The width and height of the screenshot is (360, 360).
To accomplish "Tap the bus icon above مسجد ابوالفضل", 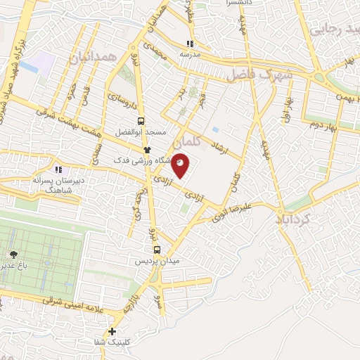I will [141, 121].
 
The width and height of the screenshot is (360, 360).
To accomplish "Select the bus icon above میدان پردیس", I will [156, 249].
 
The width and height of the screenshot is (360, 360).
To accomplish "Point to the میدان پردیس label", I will [157, 260].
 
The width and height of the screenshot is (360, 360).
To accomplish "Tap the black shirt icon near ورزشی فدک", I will [147, 150].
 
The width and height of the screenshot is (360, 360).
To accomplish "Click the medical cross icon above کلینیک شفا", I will [112, 331].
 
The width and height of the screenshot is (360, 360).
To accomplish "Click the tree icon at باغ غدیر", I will [13, 253].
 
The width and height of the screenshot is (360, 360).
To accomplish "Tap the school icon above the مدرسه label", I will [189, 43].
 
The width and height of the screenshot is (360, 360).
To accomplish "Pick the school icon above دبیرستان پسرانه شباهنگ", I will [58, 169].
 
